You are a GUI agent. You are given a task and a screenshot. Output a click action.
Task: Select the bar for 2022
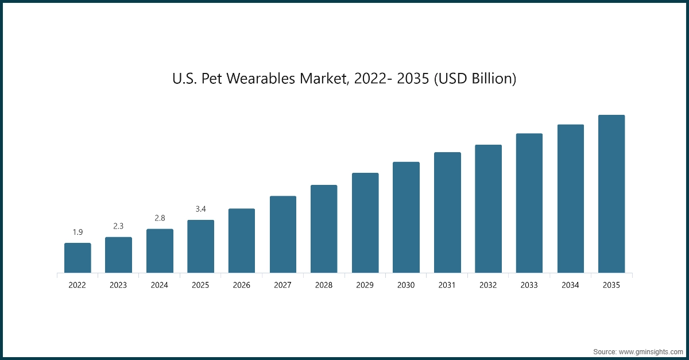pyautogui.click(x=78, y=258)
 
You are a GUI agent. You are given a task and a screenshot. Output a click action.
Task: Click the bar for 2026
pyautogui.click(x=242, y=241)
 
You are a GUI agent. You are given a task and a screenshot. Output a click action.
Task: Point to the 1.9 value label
pyautogui.click(x=78, y=232)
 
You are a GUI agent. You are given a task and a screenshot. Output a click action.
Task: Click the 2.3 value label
pyautogui.click(x=118, y=226)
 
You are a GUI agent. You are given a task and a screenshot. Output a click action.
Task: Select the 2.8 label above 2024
pyautogui.click(x=160, y=218)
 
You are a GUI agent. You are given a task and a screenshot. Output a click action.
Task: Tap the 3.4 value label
pyautogui.click(x=200, y=209)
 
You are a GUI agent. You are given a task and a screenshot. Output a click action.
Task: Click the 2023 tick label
pyautogui.click(x=118, y=285)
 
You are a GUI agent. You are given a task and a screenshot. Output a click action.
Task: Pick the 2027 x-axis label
pyautogui.click(x=282, y=285)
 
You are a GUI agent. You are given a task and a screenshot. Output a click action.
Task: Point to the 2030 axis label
pyautogui.click(x=406, y=285)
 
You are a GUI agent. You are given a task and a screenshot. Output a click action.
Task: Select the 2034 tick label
pyautogui.click(x=570, y=285)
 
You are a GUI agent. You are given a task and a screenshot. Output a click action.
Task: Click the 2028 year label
pyautogui.click(x=324, y=285)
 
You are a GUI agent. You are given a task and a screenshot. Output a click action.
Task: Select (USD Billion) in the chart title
pyautogui.click(x=474, y=79)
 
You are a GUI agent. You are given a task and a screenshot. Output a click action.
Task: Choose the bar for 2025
pyautogui.click(x=200, y=246)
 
